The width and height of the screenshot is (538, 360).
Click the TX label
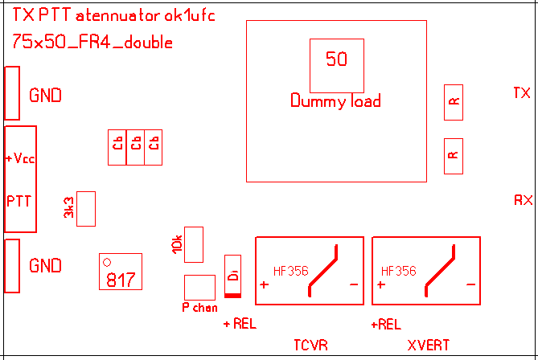522,93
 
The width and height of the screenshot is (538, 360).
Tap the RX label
523,199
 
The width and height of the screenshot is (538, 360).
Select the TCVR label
311,346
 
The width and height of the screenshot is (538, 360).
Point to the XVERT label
428,346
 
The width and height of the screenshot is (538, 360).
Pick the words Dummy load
335,101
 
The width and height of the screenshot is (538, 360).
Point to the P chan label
199,308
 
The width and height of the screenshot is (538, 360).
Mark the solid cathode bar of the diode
233,295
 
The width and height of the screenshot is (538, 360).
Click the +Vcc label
20,159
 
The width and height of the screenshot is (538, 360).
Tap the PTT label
19,199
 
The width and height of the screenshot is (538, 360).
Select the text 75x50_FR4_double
92,43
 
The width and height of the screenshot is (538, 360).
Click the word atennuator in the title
118,15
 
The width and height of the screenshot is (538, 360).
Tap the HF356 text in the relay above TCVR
291,271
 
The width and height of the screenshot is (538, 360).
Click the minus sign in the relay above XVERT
470,285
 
